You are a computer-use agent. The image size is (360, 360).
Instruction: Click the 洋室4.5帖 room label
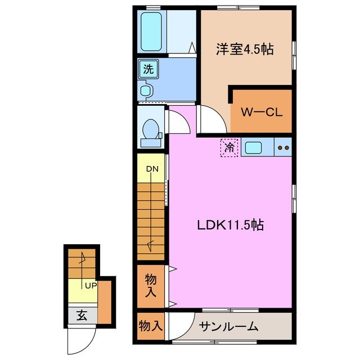(x=245, y=49)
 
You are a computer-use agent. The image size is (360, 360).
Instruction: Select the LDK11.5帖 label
(x=231, y=225)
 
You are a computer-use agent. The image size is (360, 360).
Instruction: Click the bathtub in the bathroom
(x=151, y=31)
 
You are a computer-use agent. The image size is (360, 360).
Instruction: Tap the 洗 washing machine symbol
(x=148, y=70)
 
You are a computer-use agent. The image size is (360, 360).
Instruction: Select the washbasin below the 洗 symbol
(x=146, y=90)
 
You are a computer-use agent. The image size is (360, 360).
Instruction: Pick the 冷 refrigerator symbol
(x=229, y=148)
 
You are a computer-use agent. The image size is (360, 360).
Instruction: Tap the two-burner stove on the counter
(x=283, y=148)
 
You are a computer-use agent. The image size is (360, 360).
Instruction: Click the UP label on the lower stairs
(x=90, y=285)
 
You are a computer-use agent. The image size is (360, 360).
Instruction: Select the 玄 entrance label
(x=82, y=316)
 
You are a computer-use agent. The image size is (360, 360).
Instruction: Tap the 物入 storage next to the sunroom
(x=151, y=326)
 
